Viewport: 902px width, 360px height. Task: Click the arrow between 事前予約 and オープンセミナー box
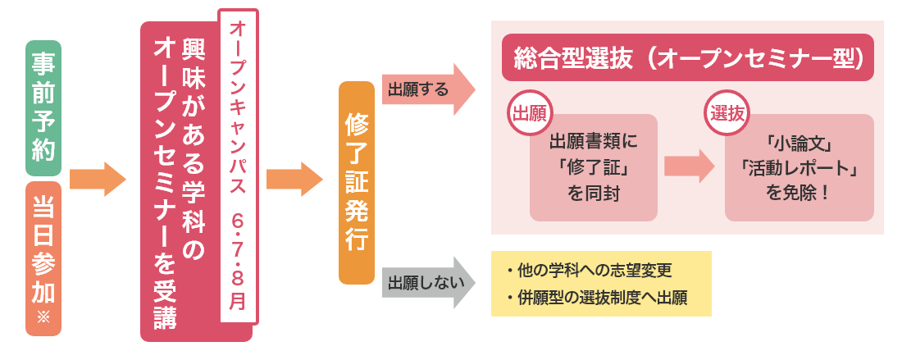pos(97,180)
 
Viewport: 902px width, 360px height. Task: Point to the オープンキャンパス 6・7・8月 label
pos(238,164)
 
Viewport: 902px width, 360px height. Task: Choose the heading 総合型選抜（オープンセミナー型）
pos(687,60)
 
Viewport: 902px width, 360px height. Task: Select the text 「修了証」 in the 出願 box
pos(593,166)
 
